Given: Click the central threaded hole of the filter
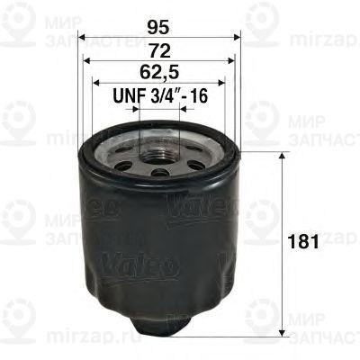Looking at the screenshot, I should (158, 147).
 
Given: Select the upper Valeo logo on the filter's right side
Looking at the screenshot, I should (216, 208).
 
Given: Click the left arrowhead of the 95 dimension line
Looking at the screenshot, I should (82, 39).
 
